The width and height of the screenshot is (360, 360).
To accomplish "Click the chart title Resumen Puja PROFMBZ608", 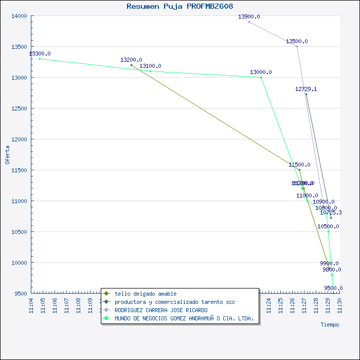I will point(179,6).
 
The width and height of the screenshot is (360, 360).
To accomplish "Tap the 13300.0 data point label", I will point(40,53).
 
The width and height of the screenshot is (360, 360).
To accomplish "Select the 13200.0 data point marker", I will point(131,65).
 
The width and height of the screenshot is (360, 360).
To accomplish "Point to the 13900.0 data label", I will point(249,16).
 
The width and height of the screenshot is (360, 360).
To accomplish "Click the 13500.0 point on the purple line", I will point(297,46).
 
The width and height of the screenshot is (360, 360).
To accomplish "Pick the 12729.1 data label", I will point(306,89).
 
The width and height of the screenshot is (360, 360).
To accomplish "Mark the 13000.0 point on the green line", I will point(261,77).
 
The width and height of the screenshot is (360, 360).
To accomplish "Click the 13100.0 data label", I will point(150,66).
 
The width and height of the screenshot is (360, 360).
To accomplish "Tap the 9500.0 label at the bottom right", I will point(333,288).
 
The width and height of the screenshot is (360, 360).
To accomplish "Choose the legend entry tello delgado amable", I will point(146,294).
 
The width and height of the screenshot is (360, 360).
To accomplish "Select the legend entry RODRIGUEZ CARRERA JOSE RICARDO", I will point(161,310).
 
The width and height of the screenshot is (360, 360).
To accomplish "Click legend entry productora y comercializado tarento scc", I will point(175,302).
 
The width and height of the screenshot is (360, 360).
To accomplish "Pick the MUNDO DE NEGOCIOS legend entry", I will point(184,318).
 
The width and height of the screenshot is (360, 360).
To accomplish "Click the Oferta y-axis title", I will point(7,154).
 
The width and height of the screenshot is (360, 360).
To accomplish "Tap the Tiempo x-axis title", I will point(330,325).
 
